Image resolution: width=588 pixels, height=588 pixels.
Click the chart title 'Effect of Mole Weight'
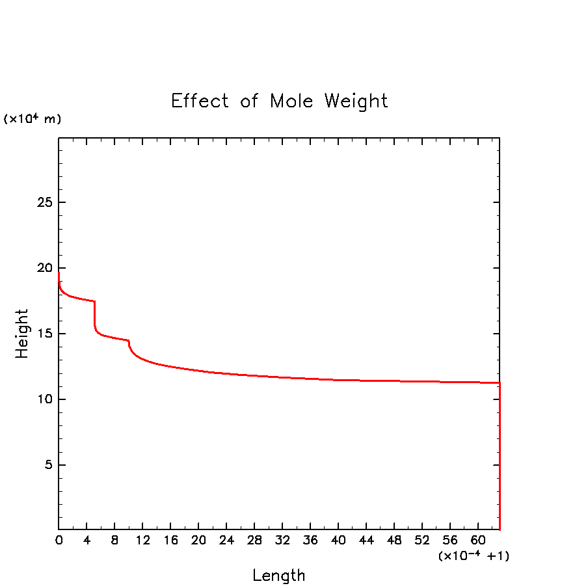[279, 101]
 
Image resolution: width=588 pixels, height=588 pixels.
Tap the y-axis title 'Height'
[23, 334]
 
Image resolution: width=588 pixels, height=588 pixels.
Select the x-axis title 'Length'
[278, 576]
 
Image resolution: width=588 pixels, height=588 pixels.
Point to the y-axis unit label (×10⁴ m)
[33, 119]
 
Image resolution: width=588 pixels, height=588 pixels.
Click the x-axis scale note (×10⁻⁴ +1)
[473, 556]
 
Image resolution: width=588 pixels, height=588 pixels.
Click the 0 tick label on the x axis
[59, 541]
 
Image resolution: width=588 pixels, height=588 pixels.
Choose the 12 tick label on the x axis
[142, 541]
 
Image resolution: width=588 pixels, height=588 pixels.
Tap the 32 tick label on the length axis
[282, 541]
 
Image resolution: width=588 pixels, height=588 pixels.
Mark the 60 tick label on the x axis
[478, 541]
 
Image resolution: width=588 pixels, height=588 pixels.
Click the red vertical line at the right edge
[499, 455]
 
